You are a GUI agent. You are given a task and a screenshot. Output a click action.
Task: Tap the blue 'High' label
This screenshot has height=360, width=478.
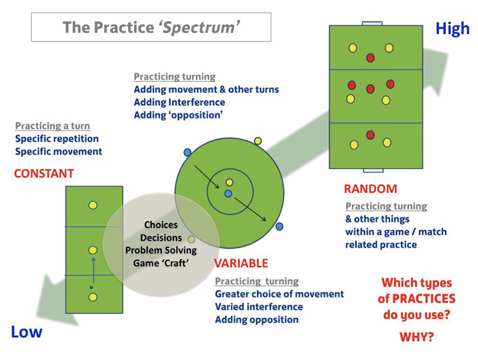click(x=452, y=29)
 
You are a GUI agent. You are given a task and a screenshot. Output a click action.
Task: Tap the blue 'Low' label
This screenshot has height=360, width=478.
click(x=26, y=331)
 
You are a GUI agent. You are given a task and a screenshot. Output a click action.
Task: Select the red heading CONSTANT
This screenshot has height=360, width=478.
click(x=44, y=173)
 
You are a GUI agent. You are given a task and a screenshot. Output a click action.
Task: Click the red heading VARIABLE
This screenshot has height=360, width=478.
click(x=241, y=263)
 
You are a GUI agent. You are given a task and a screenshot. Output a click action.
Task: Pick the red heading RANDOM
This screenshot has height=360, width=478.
click(x=370, y=189)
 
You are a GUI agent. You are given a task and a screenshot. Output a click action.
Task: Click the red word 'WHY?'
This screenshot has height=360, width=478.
click(x=417, y=336)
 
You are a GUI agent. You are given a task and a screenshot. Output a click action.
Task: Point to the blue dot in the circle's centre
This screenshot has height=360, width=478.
click(x=228, y=193)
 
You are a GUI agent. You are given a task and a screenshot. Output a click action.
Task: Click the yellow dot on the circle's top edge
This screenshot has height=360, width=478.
click(x=257, y=141)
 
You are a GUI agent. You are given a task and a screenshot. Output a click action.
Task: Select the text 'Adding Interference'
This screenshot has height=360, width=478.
click(x=179, y=102)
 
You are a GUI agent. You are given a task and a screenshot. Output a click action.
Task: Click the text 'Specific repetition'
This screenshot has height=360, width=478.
click(x=57, y=139)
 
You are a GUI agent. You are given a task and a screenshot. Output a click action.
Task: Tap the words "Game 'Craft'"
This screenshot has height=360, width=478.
click(x=161, y=263)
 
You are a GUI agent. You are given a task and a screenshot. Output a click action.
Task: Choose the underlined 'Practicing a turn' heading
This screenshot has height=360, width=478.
click(x=52, y=126)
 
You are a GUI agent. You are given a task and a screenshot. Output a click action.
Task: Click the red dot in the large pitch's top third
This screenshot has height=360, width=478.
click(x=370, y=58)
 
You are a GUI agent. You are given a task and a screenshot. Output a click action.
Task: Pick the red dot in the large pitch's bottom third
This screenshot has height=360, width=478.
click(x=370, y=134)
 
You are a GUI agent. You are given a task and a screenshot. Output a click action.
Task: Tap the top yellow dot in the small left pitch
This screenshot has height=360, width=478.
click(x=93, y=205)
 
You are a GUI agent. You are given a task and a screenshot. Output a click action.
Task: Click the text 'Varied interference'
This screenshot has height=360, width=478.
click(x=259, y=306)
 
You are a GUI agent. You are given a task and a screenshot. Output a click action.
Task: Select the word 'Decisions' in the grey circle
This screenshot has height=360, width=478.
click(x=161, y=238)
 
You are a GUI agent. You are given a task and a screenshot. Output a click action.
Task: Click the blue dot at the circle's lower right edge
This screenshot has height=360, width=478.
click(x=280, y=226)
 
